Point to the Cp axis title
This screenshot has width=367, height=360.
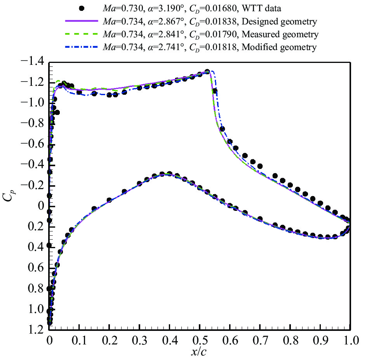pyautogui.click(x=9, y=197)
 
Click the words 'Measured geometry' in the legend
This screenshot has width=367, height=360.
pyautogui.click(x=280, y=34)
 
